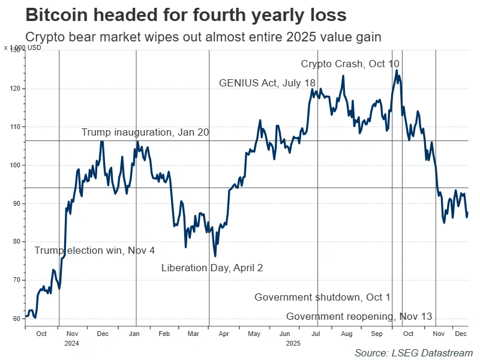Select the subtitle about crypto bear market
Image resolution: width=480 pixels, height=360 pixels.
coord(203,37)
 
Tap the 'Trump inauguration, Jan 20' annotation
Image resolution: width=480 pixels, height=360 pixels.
coord(145,133)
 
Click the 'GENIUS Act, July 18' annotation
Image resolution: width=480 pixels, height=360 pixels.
coord(268,83)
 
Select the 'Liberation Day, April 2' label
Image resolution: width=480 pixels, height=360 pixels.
coord(212,268)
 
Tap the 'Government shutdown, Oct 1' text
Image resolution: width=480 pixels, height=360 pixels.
coord(322,298)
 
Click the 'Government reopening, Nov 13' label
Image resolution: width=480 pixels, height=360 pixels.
coord(359,317)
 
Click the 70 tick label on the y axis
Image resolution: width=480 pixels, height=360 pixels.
coord(17,280)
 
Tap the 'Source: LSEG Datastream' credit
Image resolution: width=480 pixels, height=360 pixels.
coord(413,353)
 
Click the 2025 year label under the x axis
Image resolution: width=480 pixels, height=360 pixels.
coord(293,343)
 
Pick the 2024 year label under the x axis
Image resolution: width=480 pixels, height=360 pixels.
coord(71,343)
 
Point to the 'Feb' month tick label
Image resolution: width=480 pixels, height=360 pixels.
coord(164,334)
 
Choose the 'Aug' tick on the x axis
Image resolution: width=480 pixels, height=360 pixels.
coord(346,334)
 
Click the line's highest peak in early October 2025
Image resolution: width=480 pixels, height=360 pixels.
coord(397,70)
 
